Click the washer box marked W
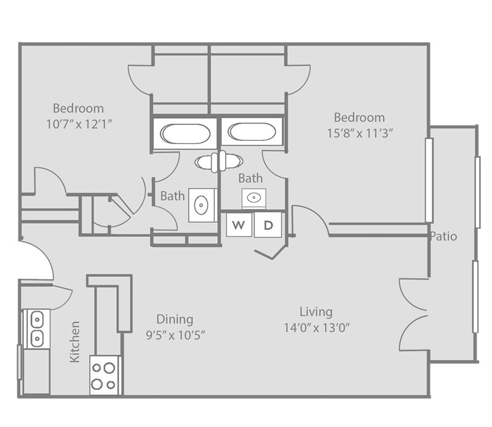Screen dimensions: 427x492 tap(238, 225)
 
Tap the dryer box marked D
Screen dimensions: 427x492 tap(268, 225)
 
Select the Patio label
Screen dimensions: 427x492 tap(443, 236)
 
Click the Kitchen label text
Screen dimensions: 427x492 tap(74, 341)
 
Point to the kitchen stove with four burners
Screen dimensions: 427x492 tap(103, 375)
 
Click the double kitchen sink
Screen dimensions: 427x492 tap(36, 329)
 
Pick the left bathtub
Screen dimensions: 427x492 tap(184, 132)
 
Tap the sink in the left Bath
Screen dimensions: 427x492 tap(201, 205)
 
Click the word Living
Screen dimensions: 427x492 tap(316, 311)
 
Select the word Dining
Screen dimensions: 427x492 tap(174, 319)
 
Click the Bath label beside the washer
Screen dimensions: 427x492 tap(250, 178)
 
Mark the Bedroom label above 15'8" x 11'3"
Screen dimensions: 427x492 tap(359, 117)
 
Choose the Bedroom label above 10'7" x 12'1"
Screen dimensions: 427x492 tap(77, 107)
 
